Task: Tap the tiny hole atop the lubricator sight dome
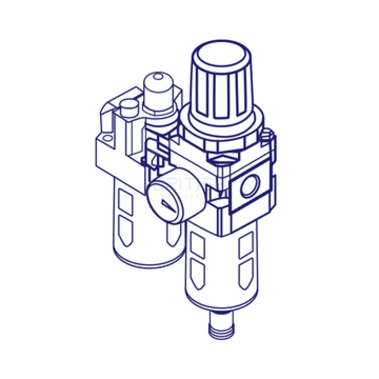point(158,77)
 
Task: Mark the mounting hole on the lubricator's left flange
point(107,140)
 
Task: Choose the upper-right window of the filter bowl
point(246,244)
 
